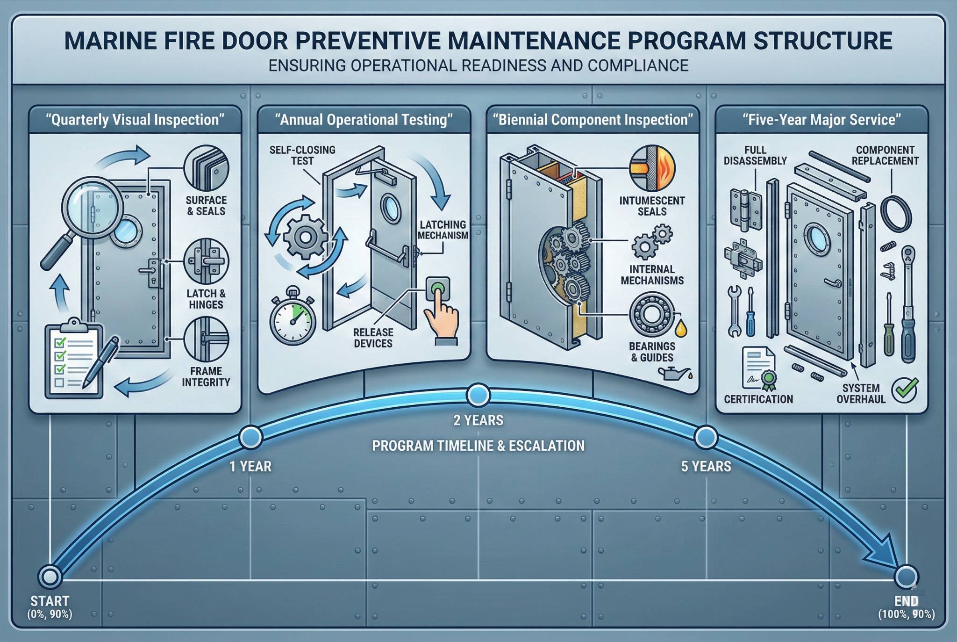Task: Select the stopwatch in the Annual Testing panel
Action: pyautogui.click(x=293, y=318)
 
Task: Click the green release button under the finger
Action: pyautogui.click(x=438, y=287)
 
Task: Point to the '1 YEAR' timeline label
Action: pyautogui.click(x=250, y=466)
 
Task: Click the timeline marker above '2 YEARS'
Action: pyautogui.click(x=478, y=395)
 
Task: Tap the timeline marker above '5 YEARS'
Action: pyautogui.click(x=706, y=437)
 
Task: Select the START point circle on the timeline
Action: pyautogui.click(x=50, y=577)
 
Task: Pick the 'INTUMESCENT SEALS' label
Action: pyautogui.click(x=652, y=206)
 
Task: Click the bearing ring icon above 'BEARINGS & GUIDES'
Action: pyautogui.click(x=651, y=314)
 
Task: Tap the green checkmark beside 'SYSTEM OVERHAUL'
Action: pyautogui.click(x=905, y=390)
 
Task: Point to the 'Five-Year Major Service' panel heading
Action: pyautogui.click(x=821, y=120)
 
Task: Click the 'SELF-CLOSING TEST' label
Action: pyautogui.click(x=302, y=155)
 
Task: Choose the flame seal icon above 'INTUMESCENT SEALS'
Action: pyautogui.click(x=652, y=167)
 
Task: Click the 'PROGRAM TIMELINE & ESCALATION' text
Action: pyautogui.click(x=478, y=446)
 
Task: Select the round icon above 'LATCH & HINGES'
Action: pyautogui.click(x=206, y=261)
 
